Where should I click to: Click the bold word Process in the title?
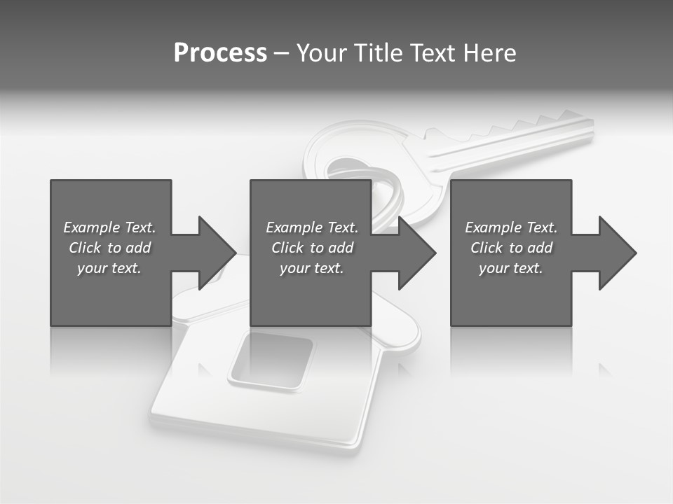pyautogui.click(x=220, y=53)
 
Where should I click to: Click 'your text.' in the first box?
pyautogui.click(x=109, y=268)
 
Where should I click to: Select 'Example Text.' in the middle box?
pyautogui.click(x=312, y=227)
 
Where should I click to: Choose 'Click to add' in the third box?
pyautogui.click(x=512, y=248)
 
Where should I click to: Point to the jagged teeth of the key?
pyautogui.click(x=533, y=126)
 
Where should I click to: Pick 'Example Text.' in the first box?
pyautogui.click(x=109, y=227)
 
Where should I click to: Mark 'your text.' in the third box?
pyautogui.click(x=511, y=268)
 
